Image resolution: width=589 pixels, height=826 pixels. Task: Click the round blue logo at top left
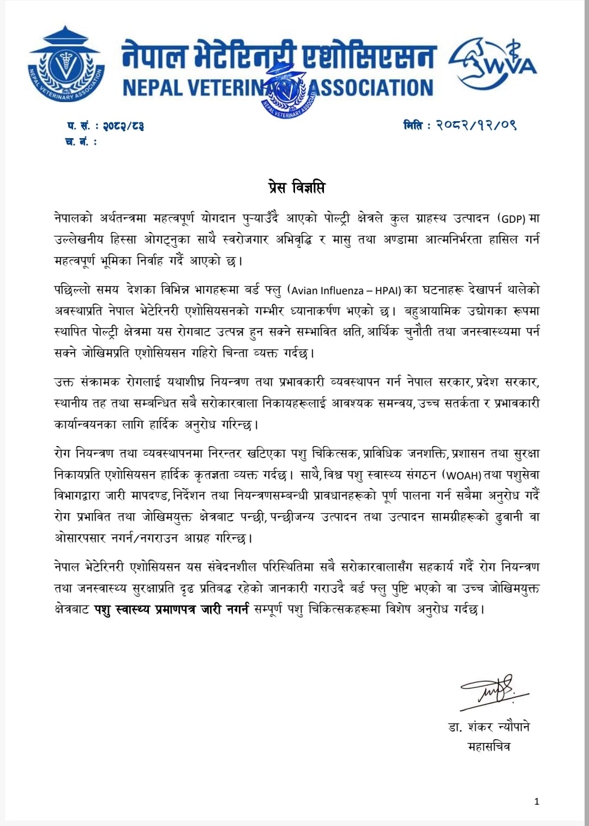coord(66,64)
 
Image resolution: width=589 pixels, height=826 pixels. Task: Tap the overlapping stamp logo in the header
coord(289,90)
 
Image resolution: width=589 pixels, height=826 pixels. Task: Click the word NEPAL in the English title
coord(153,88)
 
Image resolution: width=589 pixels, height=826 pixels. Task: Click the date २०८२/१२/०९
coord(476,125)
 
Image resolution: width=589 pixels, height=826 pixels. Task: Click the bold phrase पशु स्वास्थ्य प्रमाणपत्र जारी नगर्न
coord(171,609)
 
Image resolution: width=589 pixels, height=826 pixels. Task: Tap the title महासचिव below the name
coord(489,746)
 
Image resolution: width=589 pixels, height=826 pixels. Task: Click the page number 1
coord(537,801)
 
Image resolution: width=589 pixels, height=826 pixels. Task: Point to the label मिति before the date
coord(413,125)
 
